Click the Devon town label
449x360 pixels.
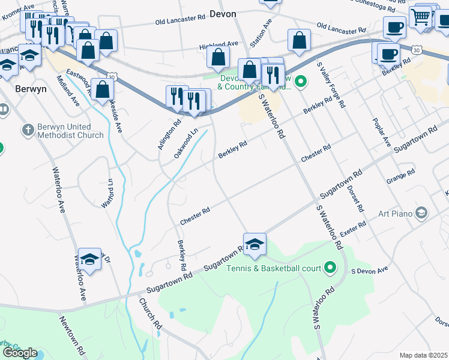[223, 13]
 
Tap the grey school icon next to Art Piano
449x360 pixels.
[421, 213]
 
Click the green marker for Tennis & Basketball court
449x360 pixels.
[330, 267]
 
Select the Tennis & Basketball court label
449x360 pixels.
[274, 268]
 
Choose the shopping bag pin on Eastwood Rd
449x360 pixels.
[103, 89]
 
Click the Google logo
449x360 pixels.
[20, 353]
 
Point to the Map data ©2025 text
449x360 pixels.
[424, 355]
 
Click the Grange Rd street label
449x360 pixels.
[400, 175]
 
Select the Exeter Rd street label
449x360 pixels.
[352, 231]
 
